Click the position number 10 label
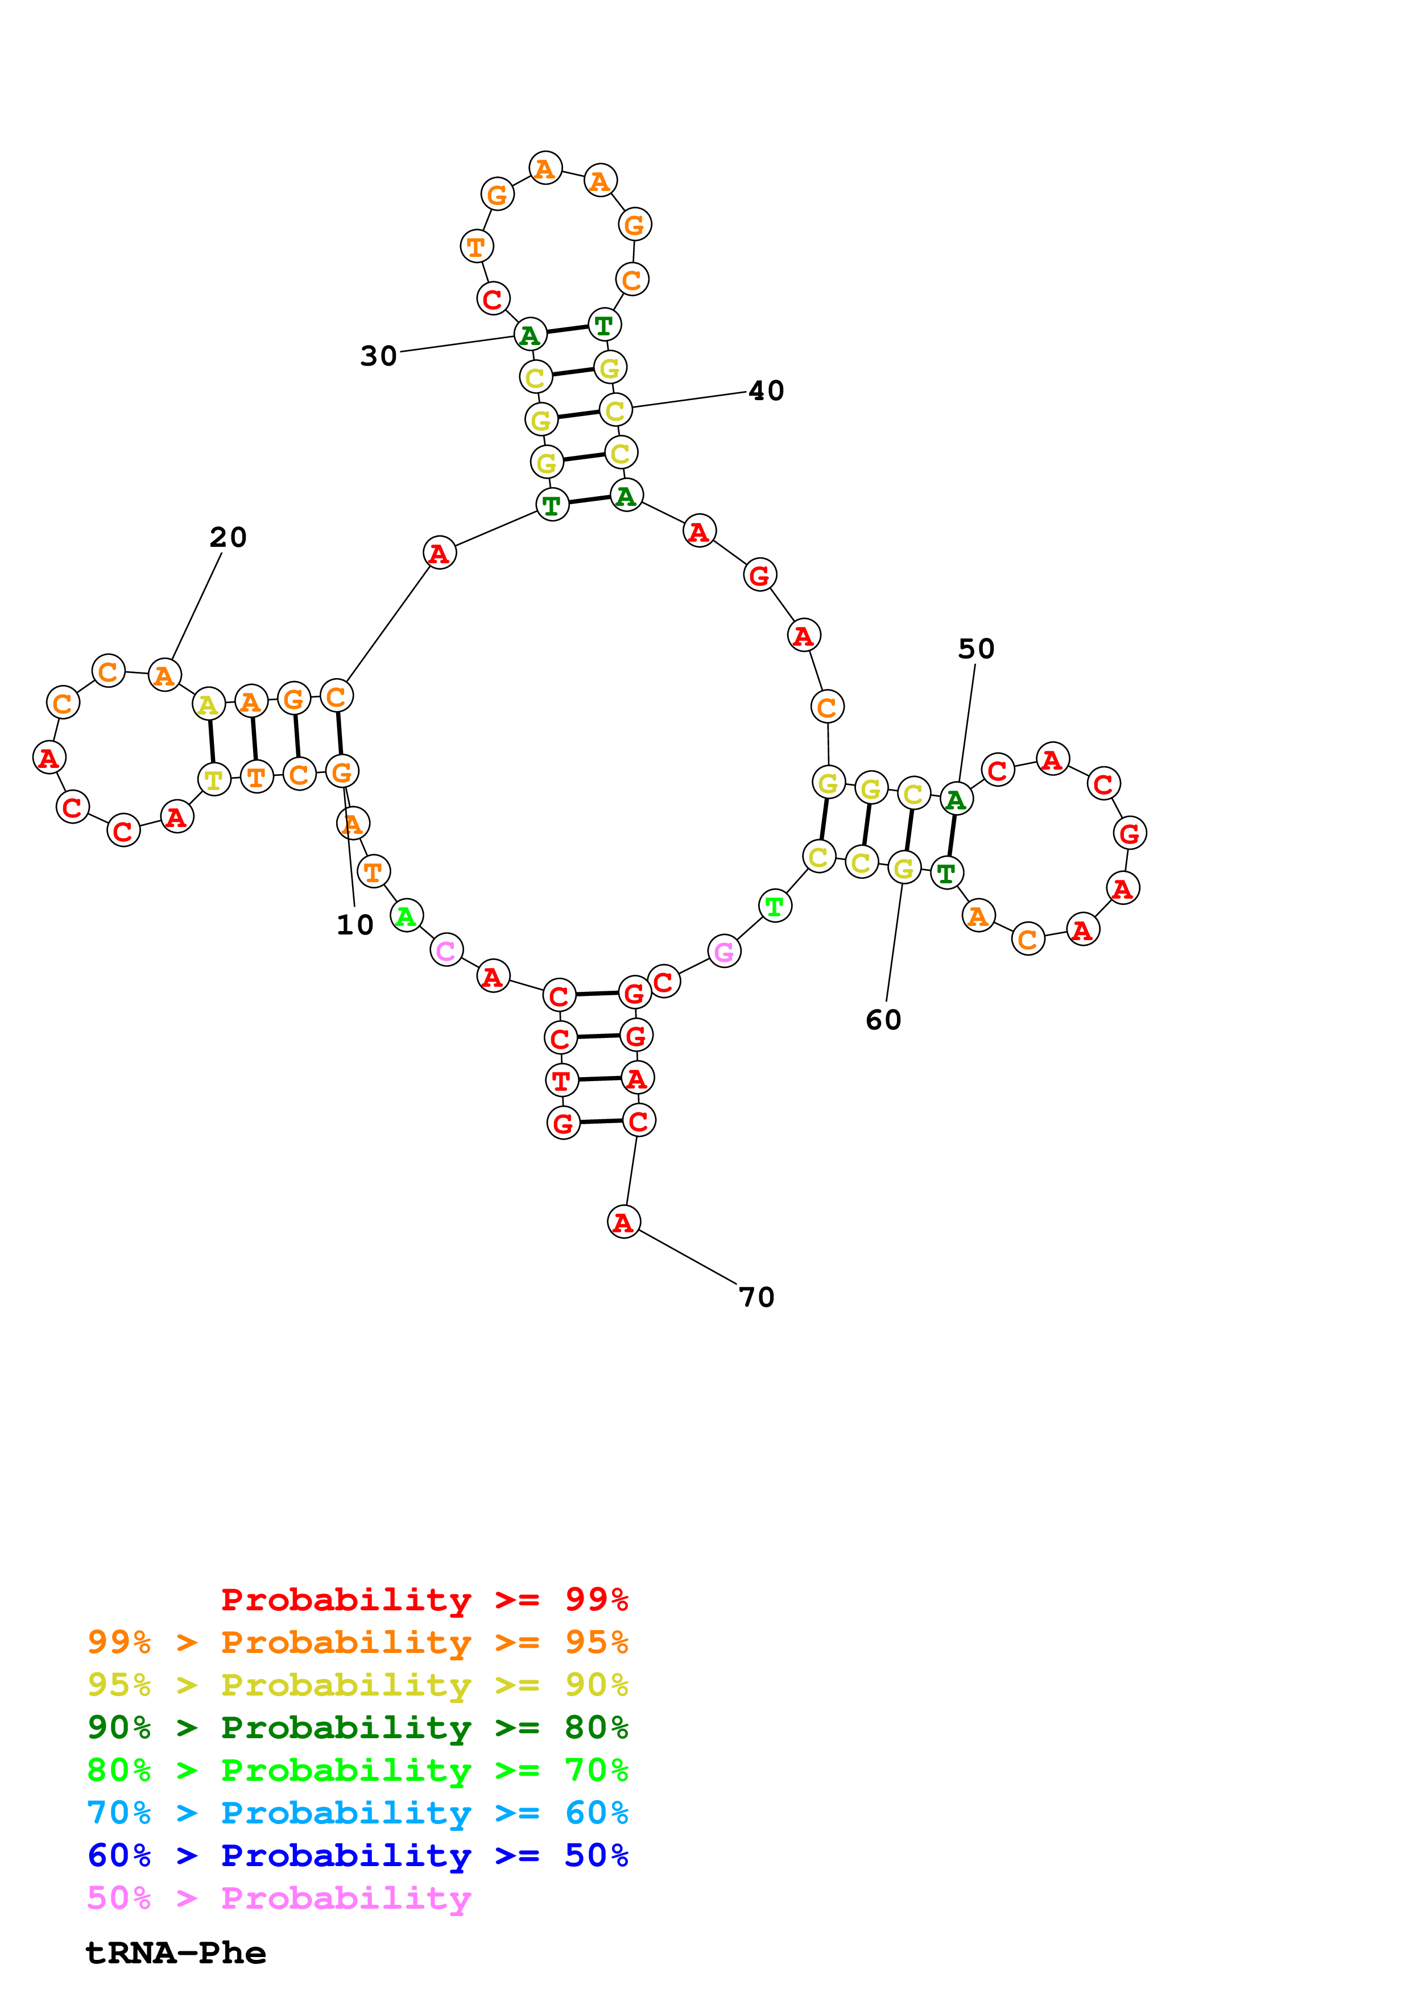(354, 925)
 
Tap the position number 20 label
(228, 538)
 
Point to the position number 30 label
(379, 356)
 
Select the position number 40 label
(766, 391)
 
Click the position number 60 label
(883, 1020)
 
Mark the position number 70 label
(756, 1298)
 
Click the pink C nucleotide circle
(446, 950)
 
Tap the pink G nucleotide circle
(723, 952)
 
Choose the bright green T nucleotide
(774, 906)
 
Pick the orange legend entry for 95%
(358, 1642)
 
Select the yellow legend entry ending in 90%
(358, 1685)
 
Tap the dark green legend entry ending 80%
(358, 1727)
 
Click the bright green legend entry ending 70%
(358, 1770)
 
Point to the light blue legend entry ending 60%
(358, 1813)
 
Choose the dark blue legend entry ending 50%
(358, 1855)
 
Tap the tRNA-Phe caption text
(176, 1953)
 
